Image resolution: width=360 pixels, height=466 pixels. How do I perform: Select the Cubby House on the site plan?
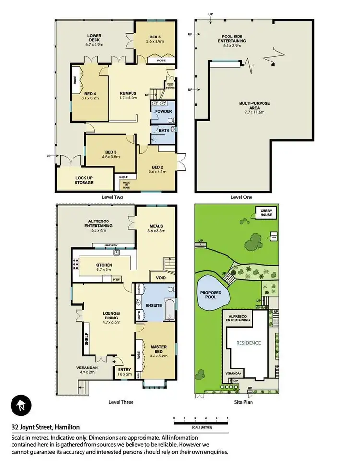tap(265, 212)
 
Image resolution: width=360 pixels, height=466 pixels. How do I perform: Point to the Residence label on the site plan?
tap(248, 343)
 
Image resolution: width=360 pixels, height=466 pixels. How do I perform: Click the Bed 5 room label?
tap(155, 38)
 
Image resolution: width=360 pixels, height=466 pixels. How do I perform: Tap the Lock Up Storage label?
tap(84, 180)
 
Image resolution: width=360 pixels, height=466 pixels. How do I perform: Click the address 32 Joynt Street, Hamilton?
tap(46, 427)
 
